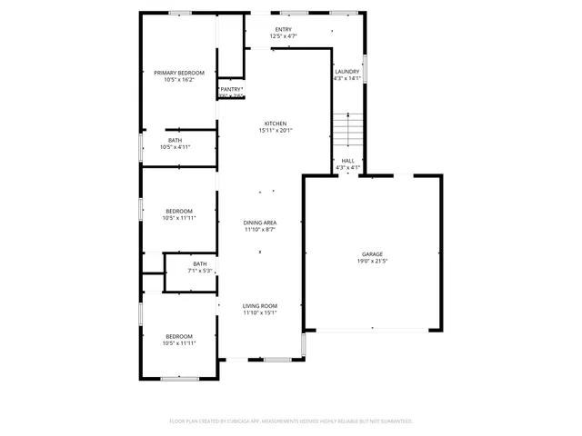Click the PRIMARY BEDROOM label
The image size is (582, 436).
[x=179, y=73]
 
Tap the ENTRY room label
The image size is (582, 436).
[x=284, y=29]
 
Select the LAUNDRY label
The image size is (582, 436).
[x=347, y=72]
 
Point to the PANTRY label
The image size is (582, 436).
[x=230, y=89]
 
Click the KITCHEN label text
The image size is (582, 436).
[x=276, y=124]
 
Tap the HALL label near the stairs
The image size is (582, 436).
[x=348, y=161]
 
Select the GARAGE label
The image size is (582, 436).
[x=372, y=254]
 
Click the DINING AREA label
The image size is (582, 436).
[x=259, y=223]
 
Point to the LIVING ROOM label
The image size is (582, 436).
[x=259, y=306]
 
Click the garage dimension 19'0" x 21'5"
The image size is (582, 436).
[x=372, y=262]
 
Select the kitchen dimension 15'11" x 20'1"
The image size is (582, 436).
[x=276, y=131]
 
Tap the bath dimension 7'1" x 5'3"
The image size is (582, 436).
[x=199, y=271]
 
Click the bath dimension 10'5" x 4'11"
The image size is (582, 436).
[x=175, y=147]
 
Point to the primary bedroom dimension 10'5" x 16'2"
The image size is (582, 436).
[x=179, y=80]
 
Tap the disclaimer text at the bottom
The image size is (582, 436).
[x=291, y=421]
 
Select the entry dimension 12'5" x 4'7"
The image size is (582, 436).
[x=284, y=36]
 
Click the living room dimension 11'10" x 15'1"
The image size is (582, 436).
[x=259, y=313]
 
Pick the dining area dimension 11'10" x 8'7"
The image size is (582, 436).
[x=259, y=230]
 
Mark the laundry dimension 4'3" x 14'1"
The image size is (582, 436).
[x=347, y=79]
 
